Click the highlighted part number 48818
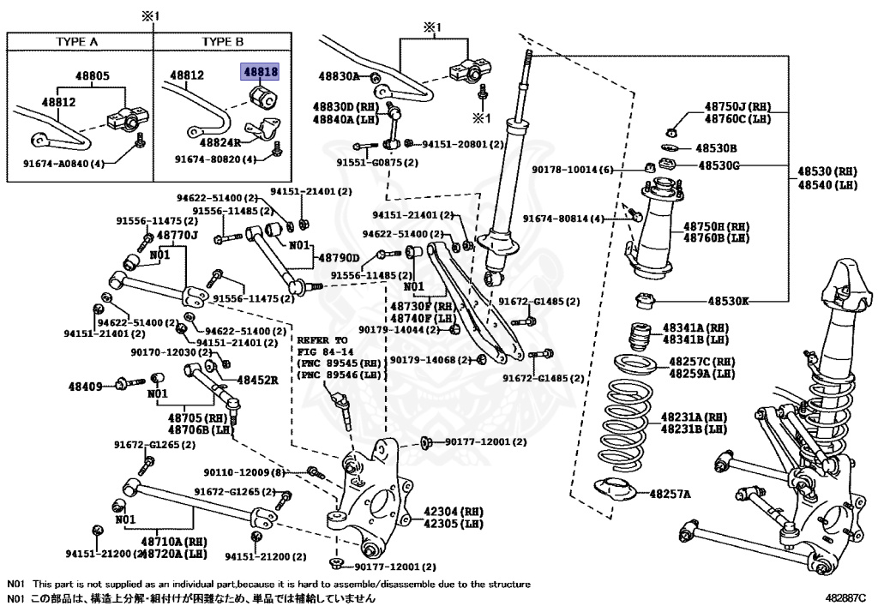pyautogui.click(x=260, y=72)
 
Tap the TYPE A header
pyautogui.click(x=76, y=42)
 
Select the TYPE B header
pyautogui.click(x=223, y=42)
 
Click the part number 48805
pyautogui.click(x=93, y=76)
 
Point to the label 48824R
pyautogui.click(x=220, y=142)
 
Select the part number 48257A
pyautogui.click(x=671, y=494)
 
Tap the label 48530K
pyautogui.click(x=728, y=301)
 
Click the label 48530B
pyautogui.click(x=716, y=148)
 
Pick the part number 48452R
pyautogui.click(x=257, y=380)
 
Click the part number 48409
pyautogui.click(x=85, y=386)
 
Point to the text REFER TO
pyautogui.click(x=322, y=340)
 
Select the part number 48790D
pyautogui.click(x=339, y=258)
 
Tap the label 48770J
pyautogui.click(x=177, y=236)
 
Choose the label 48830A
pyautogui.click(x=340, y=76)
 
